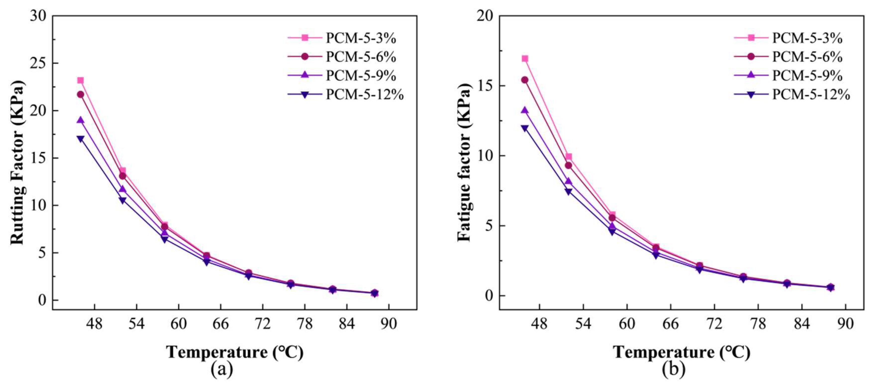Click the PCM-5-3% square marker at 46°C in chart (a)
[81, 80]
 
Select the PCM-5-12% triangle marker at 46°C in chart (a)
[81, 138]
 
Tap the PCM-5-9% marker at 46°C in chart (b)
[525, 110]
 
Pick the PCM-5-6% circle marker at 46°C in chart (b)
[525, 80]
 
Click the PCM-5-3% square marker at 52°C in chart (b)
[568, 156]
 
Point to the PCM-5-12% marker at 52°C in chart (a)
[122, 200]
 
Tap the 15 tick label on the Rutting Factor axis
[38, 158]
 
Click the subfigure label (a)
[222, 370]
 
